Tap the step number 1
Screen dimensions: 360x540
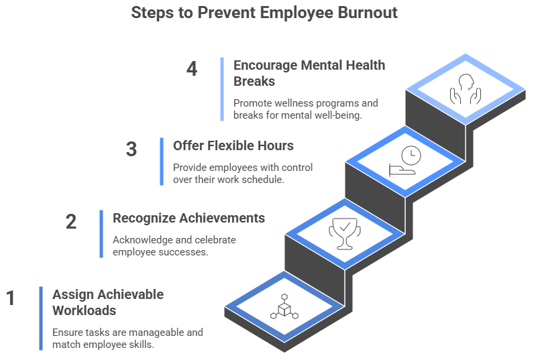10,298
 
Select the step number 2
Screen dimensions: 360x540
71,221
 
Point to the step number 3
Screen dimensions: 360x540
131,149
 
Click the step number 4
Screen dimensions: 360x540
192,68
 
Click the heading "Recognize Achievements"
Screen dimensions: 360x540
188,219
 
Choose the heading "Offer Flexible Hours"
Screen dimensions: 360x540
233,145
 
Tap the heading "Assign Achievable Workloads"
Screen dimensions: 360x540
107,302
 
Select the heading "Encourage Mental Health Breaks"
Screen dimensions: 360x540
309,72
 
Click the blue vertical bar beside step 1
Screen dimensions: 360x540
41,318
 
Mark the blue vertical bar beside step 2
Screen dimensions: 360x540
101,234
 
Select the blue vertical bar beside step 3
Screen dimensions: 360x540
162,162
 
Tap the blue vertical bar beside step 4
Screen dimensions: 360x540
222,88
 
